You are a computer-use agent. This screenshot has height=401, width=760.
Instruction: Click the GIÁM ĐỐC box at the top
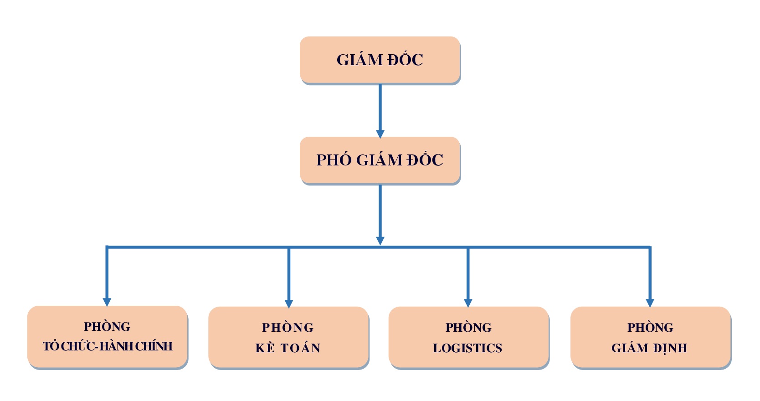coord(380,60)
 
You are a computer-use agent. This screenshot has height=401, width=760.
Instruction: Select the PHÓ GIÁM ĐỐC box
coord(380,160)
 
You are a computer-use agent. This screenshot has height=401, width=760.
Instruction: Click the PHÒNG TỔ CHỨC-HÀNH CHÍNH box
coord(108,337)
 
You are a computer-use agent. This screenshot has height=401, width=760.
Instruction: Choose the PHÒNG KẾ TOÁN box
coord(288,338)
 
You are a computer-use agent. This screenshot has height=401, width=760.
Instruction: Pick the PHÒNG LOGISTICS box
coord(468,338)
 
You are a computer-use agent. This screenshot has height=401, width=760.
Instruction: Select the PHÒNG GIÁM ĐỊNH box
coord(650,338)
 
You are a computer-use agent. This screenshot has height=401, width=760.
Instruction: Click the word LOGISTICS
coord(467,348)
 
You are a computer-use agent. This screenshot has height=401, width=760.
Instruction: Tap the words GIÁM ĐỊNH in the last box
coord(649,348)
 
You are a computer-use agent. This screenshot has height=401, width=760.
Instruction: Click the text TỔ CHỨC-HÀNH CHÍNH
coord(108,346)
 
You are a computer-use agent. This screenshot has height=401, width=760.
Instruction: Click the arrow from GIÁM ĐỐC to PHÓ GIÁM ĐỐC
coord(380,111)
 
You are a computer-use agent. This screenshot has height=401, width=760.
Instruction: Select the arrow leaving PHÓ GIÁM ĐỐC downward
coord(380,215)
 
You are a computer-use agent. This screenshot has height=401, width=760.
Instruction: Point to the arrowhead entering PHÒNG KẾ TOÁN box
coord(289,303)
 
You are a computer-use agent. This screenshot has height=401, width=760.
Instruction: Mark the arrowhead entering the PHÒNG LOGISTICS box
coord(468,303)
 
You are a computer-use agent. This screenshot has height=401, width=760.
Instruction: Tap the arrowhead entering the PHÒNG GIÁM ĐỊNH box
coord(650,303)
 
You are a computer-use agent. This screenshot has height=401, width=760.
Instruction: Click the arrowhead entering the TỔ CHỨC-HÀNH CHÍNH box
coord(107,302)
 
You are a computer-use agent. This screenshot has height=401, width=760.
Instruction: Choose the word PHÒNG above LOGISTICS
coord(468,327)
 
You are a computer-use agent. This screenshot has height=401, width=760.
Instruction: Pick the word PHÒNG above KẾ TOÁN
coord(288,327)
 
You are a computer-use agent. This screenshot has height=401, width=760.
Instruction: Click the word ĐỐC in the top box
coord(406,59)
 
